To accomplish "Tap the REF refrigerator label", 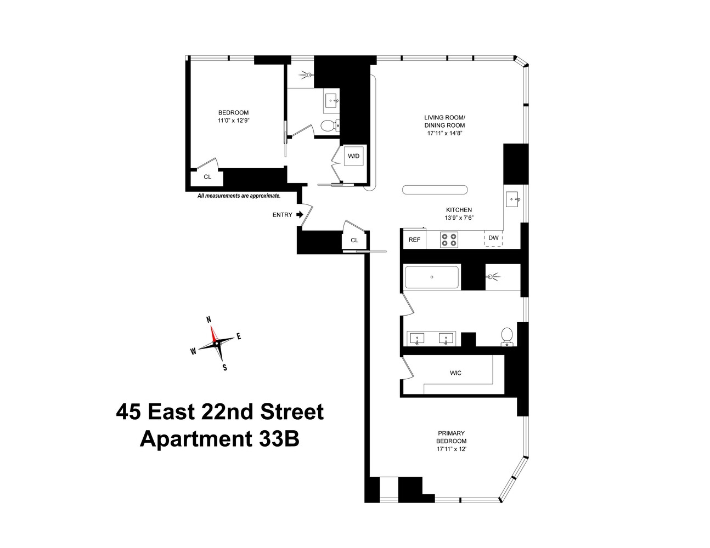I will (x=414, y=239).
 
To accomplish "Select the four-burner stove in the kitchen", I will (x=449, y=239).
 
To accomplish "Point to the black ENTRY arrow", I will (x=300, y=214).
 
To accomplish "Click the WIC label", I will (x=455, y=373).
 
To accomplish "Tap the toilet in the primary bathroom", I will (x=507, y=336).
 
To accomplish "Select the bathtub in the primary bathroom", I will (x=432, y=277).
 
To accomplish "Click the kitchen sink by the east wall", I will (x=514, y=199).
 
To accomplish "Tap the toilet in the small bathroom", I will (x=327, y=126).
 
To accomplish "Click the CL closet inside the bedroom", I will (x=207, y=177).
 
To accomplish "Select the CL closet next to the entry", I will (x=354, y=240).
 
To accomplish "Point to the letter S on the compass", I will (x=224, y=368).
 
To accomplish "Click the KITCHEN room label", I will (x=459, y=210).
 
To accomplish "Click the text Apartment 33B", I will (x=219, y=439).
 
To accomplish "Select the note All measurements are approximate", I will (x=239, y=196).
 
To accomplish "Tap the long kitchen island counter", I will (x=435, y=190).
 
